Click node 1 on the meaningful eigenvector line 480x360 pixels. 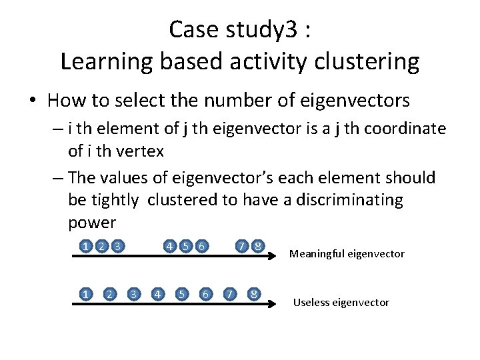pyautogui.click(x=87, y=246)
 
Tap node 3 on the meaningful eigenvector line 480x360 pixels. pyautogui.click(x=118, y=246)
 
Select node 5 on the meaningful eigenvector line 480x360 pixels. pyautogui.click(x=186, y=246)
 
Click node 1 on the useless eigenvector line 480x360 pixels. pyautogui.click(x=87, y=293)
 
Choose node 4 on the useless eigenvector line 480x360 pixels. pyautogui.click(x=157, y=293)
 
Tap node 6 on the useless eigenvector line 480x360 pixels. pyautogui.click(x=207, y=293)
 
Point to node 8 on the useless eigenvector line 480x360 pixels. pyautogui.click(x=254, y=293)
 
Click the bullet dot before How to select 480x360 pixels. pyautogui.click(x=32, y=101)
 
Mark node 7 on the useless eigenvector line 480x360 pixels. pyautogui.click(x=230, y=293)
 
